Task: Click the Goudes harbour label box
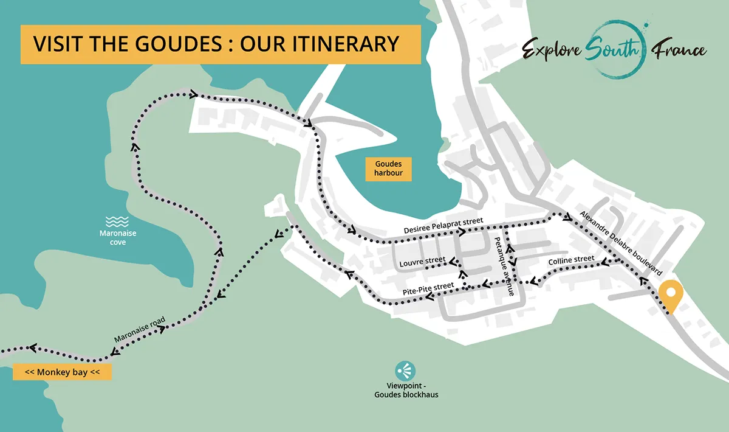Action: (388, 169)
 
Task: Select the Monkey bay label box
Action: (62, 372)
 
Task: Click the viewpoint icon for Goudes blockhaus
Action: (405, 370)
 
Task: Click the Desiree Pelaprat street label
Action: (443, 227)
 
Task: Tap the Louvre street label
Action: (422, 263)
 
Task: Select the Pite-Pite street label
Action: (428, 290)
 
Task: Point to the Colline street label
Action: (571, 260)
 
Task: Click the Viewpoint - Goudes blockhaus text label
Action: (406, 390)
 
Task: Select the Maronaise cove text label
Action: (117, 238)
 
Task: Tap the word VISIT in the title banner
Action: (55, 44)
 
